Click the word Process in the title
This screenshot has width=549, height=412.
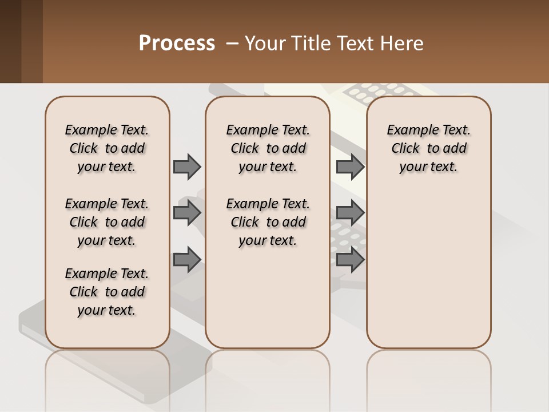[x=177, y=43]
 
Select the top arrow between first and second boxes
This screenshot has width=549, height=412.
[x=187, y=167]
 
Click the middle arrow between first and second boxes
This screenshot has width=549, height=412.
[x=187, y=213]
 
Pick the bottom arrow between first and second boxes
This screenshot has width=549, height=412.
[x=187, y=260]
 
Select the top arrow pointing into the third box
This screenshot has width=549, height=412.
[x=350, y=167]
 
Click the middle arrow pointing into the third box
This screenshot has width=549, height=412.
[x=350, y=213]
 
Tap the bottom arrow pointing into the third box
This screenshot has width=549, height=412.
[x=350, y=260]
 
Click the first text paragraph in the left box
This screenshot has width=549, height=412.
[x=107, y=148]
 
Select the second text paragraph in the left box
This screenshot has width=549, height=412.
[x=107, y=222]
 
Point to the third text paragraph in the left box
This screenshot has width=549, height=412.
[x=107, y=292]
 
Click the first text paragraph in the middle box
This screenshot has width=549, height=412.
[x=268, y=148]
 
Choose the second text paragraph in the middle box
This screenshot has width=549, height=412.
[x=268, y=222]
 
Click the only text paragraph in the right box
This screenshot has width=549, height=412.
[x=428, y=148]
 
